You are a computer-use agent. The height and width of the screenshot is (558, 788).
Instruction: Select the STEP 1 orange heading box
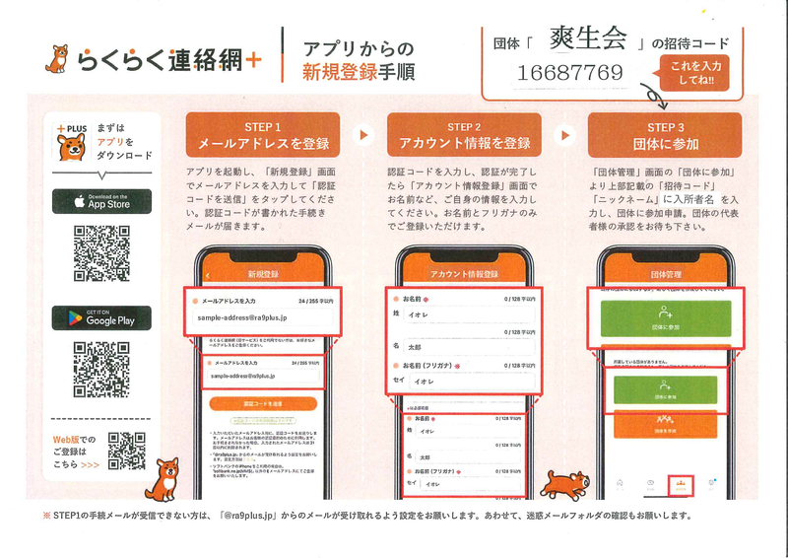pos(263,134)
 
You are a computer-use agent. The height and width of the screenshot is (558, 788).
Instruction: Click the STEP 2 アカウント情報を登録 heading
pos(464,134)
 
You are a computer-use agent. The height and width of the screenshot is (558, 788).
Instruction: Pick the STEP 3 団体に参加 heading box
pos(665,134)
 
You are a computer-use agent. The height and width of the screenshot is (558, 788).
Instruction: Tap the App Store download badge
pos(102,201)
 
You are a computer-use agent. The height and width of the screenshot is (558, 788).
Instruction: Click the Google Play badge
pos(102,317)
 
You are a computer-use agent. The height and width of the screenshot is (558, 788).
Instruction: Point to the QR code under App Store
pos(102,252)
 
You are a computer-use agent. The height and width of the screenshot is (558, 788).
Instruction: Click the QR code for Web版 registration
pos(127,451)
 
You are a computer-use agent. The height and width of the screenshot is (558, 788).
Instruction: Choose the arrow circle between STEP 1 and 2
pos(363,135)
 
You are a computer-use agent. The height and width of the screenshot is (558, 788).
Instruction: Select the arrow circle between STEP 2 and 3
pos(564,135)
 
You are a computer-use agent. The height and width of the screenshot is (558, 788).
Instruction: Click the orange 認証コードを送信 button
pos(263,403)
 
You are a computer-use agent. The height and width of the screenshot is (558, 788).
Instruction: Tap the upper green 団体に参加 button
pos(666,317)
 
